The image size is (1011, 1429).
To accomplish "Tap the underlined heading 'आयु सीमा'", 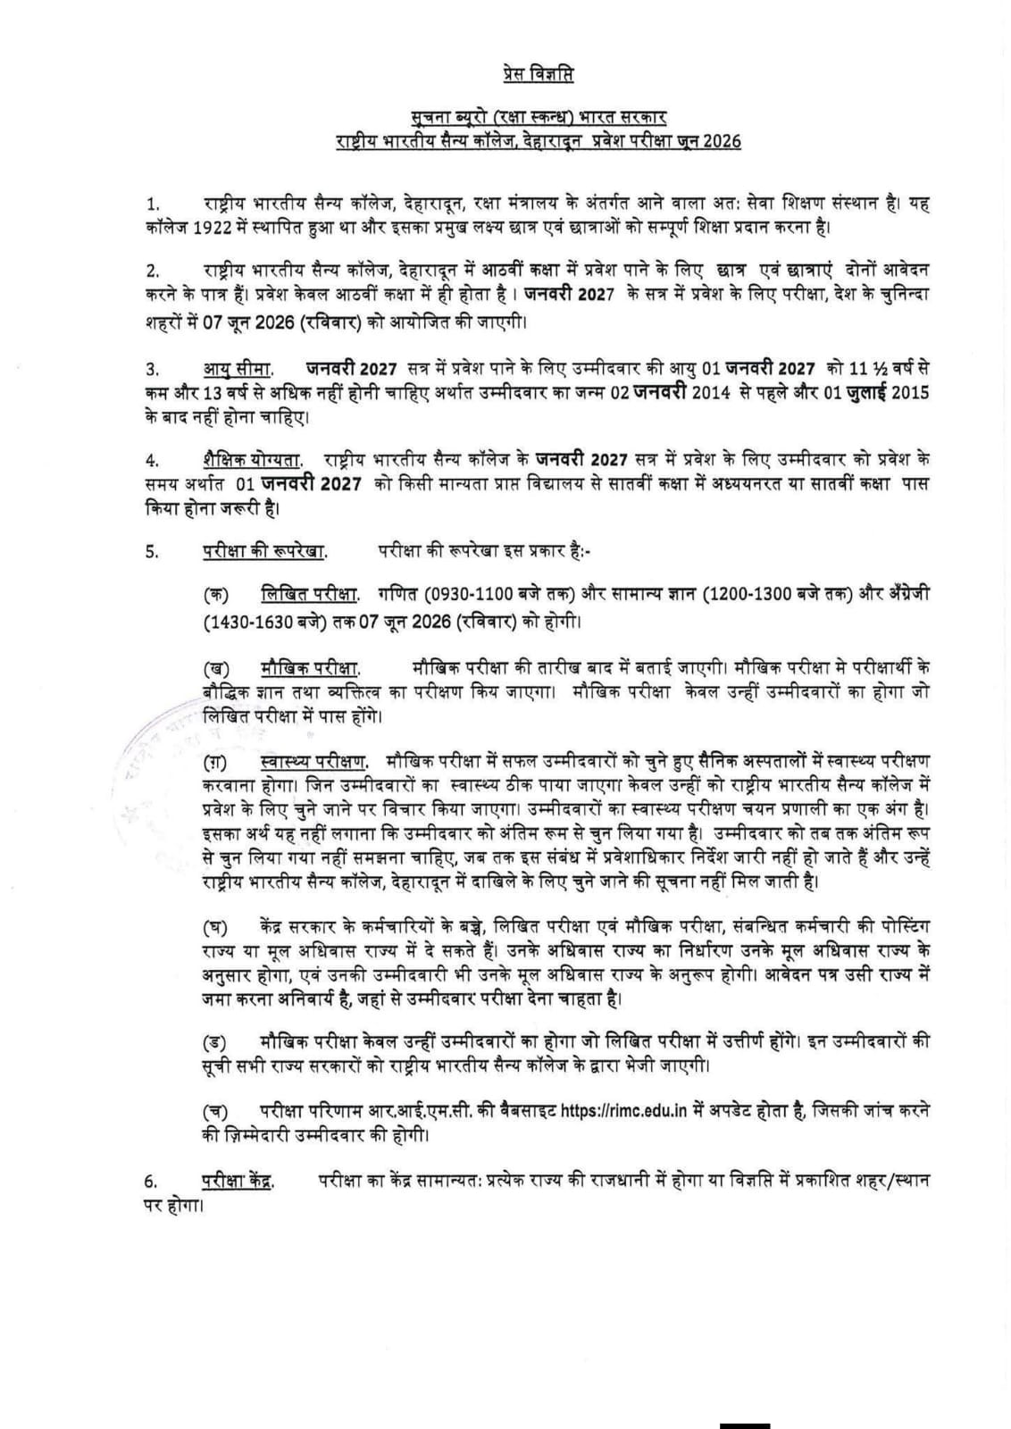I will (x=238, y=369).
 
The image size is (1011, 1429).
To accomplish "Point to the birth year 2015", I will (x=912, y=393).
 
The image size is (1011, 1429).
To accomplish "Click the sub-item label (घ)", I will (x=216, y=925).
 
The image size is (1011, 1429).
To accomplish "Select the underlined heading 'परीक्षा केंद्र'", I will (x=237, y=1182).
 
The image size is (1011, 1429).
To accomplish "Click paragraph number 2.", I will (x=153, y=272).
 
